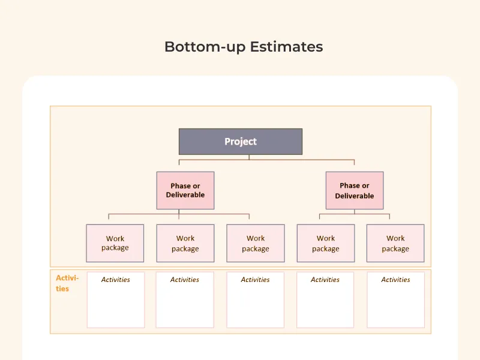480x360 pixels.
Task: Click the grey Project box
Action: pos(241,142)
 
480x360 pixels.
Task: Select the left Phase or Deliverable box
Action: pos(185,190)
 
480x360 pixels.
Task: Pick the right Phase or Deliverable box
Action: pos(355,190)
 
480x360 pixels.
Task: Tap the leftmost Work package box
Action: pos(115,243)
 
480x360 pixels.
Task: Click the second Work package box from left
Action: pos(185,243)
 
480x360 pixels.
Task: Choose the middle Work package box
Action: pos(256,243)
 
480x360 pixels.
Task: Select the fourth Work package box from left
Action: pos(326,243)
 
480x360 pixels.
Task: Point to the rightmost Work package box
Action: pos(395,243)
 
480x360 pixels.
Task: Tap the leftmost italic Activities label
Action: pos(115,280)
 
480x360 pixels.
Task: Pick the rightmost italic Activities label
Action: pos(395,280)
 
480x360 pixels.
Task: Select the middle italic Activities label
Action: pos(255,280)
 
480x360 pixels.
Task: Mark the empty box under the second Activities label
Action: pos(185,306)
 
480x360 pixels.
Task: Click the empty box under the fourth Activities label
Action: pos(325,306)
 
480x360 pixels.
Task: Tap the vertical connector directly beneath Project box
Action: pos(249,157)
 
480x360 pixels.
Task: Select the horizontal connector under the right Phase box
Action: pos(354,214)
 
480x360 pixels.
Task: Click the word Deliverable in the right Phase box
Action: pos(355,196)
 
